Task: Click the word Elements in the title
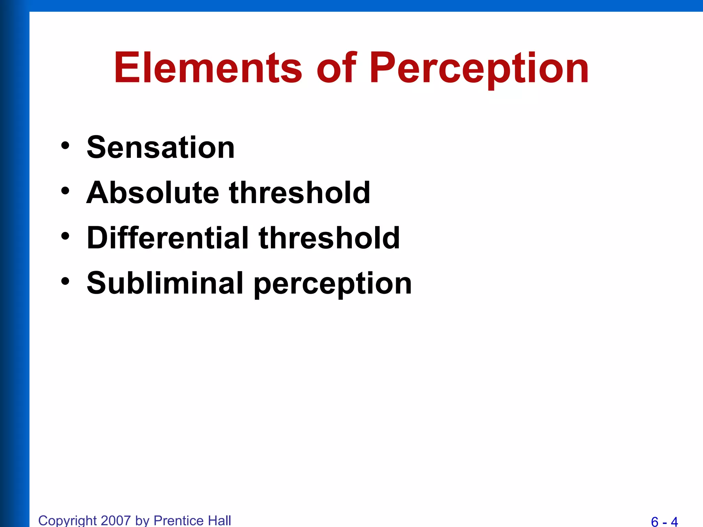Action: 208,68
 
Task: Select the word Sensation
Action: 161,148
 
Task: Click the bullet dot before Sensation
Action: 65,146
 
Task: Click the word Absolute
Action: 152,193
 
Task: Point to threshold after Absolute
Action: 299,193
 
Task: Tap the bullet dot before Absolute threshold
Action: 65,191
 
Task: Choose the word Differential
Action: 168,238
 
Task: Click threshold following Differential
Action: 329,238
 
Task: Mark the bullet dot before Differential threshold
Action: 65,236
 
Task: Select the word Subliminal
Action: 165,283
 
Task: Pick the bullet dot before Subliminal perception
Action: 65,281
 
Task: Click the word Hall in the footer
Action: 219,520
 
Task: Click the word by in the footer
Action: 142,520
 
